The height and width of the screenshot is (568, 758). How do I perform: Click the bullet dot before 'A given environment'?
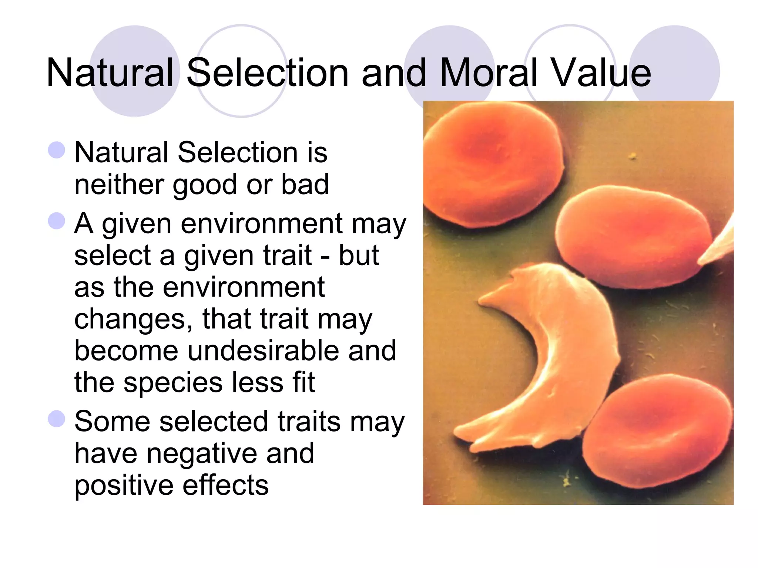57,221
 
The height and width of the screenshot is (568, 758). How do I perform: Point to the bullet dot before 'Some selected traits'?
57,419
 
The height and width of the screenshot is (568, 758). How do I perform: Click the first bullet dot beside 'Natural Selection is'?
57,150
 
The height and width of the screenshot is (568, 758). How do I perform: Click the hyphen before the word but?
325,256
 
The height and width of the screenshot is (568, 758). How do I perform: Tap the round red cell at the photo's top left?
492,163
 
